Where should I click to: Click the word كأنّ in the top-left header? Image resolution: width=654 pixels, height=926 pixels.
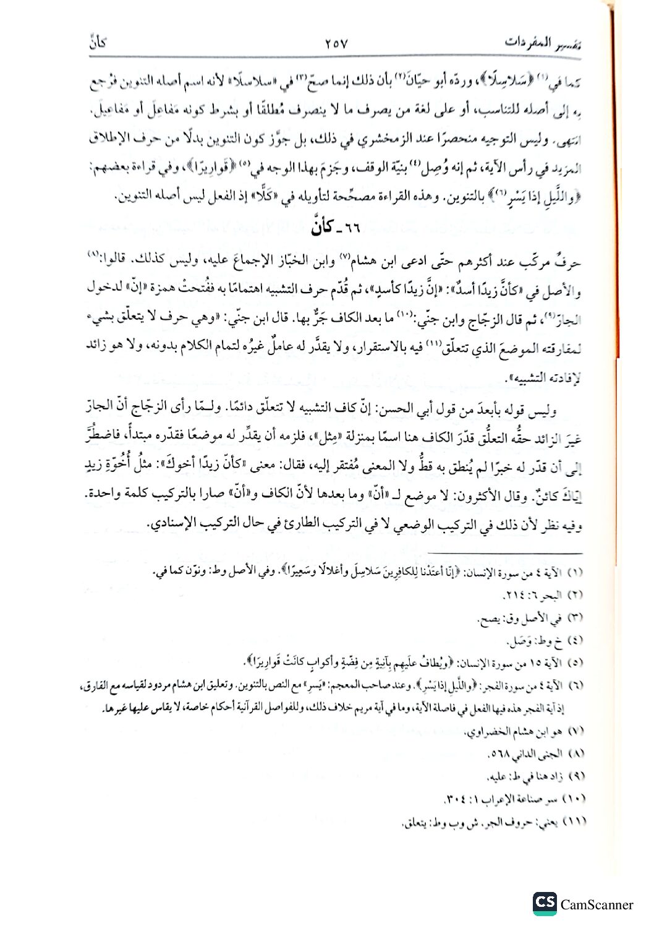[x=98, y=43]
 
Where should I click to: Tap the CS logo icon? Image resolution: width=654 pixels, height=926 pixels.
[x=545, y=904]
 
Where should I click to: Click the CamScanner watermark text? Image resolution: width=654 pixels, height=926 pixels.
[x=597, y=904]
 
